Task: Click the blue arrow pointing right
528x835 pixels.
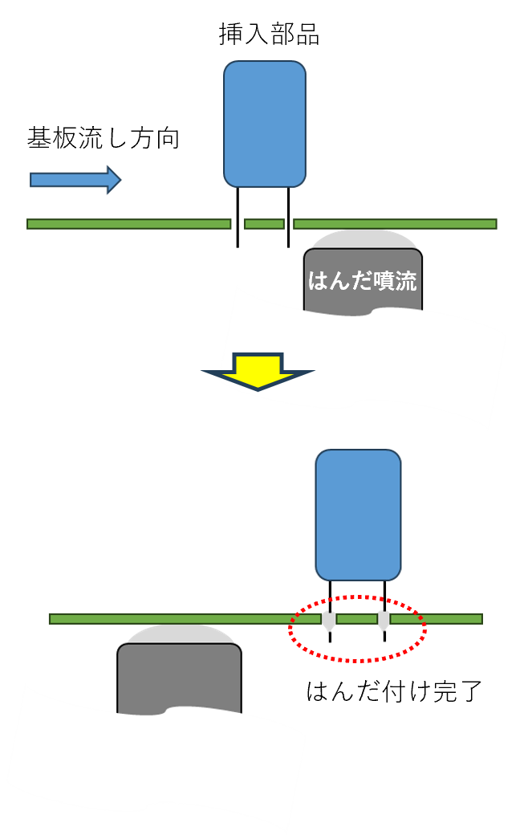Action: pyautogui.click(x=72, y=180)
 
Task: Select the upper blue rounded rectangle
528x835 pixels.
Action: pyautogui.click(x=265, y=124)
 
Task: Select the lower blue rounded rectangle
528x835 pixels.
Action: pyautogui.click(x=358, y=515)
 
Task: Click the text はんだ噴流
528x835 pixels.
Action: pyautogui.click(x=363, y=281)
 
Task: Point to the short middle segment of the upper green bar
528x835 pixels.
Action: pyautogui.click(x=264, y=224)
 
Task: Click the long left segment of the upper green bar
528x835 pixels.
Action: pyautogui.click(x=128, y=224)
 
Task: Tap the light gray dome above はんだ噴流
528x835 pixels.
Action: pyautogui.click(x=364, y=239)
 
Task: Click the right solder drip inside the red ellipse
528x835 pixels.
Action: pyautogui.click(x=384, y=621)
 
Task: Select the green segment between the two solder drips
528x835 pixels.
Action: pyautogui.click(x=356, y=618)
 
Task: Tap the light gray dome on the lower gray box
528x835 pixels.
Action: pyautogui.click(x=181, y=634)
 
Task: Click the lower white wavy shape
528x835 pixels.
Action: pyautogui.click(x=152, y=763)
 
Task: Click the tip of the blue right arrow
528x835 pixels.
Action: pyautogui.click(x=119, y=180)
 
